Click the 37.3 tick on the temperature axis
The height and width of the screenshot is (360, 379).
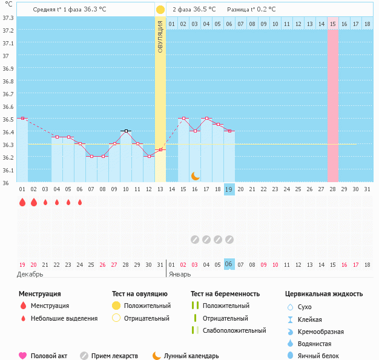point(8,18)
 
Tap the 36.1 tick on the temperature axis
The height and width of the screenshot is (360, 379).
point(8,170)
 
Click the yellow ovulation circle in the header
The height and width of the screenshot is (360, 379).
point(160,10)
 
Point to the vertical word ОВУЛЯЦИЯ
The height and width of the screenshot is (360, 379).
point(160,36)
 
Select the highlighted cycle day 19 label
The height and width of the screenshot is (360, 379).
point(229,189)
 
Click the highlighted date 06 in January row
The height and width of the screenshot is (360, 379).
point(229,264)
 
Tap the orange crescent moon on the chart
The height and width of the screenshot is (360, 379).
point(195,175)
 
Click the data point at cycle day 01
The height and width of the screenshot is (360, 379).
point(22,119)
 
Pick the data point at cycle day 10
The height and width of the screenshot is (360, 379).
point(125,131)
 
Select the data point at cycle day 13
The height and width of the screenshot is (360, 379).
point(160,149)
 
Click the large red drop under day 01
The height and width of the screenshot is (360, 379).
point(22,203)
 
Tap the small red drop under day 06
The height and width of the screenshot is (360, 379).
point(79,203)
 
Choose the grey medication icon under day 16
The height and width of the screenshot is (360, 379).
point(194,240)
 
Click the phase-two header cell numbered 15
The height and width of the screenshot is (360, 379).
point(333,24)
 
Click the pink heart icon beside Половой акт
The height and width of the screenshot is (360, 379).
point(23,356)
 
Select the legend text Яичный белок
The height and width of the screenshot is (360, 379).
point(318,356)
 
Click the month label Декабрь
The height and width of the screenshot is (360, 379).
point(30,274)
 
